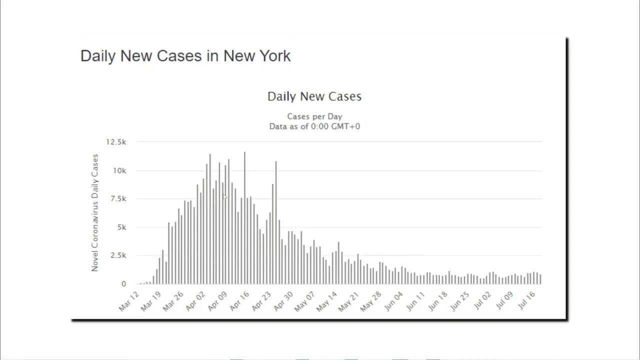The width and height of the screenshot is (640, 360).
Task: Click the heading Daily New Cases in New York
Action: click(185, 55)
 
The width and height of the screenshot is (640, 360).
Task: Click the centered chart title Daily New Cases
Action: click(314, 96)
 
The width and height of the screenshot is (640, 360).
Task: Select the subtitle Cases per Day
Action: click(314, 116)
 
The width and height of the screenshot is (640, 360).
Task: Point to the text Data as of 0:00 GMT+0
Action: click(314, 126)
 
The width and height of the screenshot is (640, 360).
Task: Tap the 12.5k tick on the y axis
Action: click(116, 142)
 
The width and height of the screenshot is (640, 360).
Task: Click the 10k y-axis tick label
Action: click(119, 170)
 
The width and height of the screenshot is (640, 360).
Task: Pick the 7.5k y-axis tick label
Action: click(118, 199)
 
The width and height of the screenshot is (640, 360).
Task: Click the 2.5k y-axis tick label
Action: click(118, 255)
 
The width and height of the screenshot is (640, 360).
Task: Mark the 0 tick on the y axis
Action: click(123, 284)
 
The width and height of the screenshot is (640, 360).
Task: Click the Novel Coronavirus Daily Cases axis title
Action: click(95, 212)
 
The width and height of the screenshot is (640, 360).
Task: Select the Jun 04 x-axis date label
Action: click(393, 301)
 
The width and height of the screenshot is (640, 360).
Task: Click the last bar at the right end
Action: click(540, 279)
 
